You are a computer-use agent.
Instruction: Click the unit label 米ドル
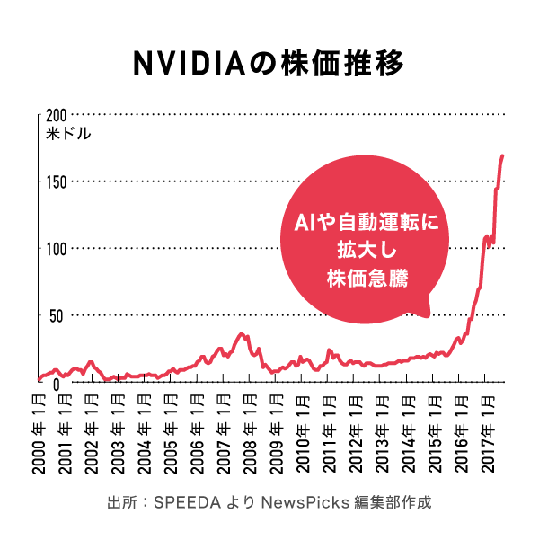pos(69,134)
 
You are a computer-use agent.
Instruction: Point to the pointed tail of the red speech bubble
pos(426,313)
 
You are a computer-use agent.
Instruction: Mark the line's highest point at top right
pos(502,155)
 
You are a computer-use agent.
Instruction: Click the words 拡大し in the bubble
pos(366,250)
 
